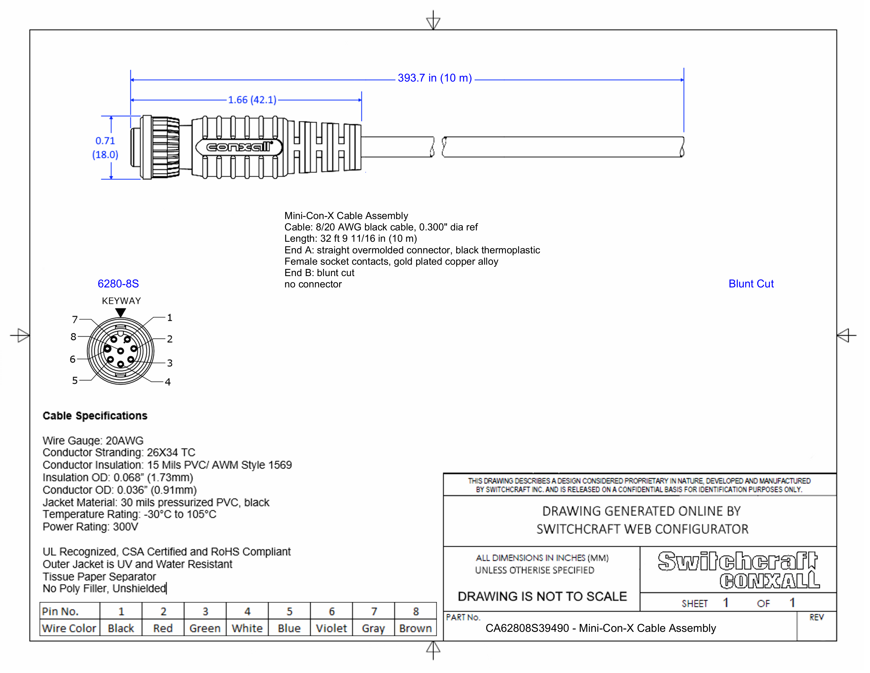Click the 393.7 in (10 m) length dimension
(434, 78)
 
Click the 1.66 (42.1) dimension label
(252, 100)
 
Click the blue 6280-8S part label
(118, 284)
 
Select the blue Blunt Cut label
(751, 284)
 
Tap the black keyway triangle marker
(121, 312)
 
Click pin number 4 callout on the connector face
(168, 382)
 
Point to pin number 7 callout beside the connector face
(75, 319)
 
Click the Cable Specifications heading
(95, 416)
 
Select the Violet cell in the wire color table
(331, 628)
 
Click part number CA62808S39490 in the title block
(527, 628)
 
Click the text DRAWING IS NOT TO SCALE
(542, 596)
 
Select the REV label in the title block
(816, 618)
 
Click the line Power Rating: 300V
(90, 527)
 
